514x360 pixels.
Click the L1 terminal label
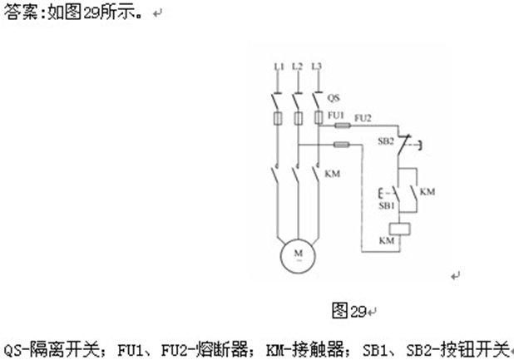[279, 66]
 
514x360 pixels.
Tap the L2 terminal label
[298, 66]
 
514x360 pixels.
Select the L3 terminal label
[317, 66]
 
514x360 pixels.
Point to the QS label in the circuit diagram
[334, 97]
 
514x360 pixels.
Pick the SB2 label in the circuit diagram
[385, 141]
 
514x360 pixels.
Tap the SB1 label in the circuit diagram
[386, 205]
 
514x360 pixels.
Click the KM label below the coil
[387, 240]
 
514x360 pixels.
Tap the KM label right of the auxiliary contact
[428, 192]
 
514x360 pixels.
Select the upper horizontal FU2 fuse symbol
[341, 126]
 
